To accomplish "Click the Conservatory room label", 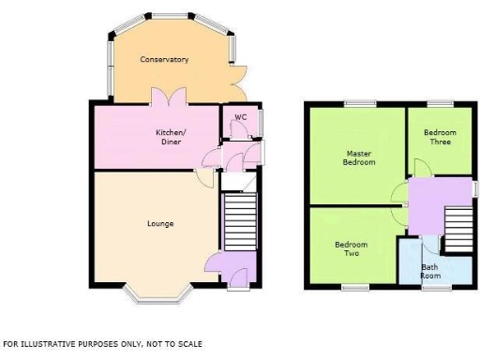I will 164,60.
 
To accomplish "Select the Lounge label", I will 160,223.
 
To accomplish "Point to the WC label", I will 240,117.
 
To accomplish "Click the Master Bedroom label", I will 360,157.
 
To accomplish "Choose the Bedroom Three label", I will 438,138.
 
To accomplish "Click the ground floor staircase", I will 239,222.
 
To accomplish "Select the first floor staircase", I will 457,228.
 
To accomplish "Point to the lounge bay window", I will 159,299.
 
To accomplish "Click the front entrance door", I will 238,278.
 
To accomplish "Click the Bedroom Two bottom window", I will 355,286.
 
